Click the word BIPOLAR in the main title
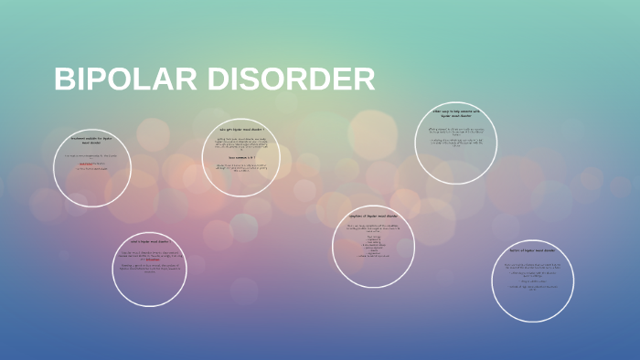coord(123,79)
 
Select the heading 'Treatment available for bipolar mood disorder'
coord(91,141)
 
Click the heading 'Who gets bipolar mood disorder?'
coord(241,130)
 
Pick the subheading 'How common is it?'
coord(241,157)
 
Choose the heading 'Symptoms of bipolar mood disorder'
coord(373,217)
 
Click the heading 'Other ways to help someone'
coord(454,114)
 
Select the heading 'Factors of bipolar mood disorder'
coord(532,250)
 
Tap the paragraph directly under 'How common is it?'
coord(241,169)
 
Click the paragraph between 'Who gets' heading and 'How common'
coord(241,143)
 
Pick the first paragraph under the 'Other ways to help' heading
coord(454,131)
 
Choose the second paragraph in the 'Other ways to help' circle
coord(454,143)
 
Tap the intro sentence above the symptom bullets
coord(373,228)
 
